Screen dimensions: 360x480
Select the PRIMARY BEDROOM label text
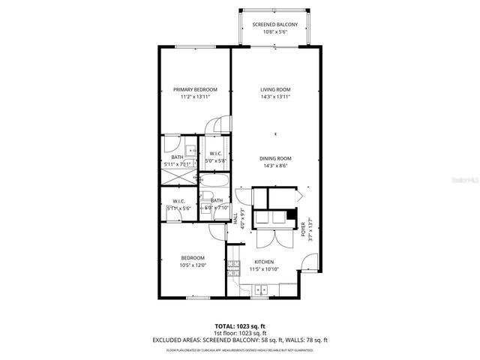(x=184, y=89)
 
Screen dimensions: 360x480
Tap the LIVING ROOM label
(x=275, y=89)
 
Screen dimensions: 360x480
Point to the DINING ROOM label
(x=275, y=158)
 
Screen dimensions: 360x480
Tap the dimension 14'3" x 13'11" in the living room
(x=275, y=97)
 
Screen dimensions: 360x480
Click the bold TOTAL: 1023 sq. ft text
(x=240, y=325)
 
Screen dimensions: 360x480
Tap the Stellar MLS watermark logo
(x=460, y=180)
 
